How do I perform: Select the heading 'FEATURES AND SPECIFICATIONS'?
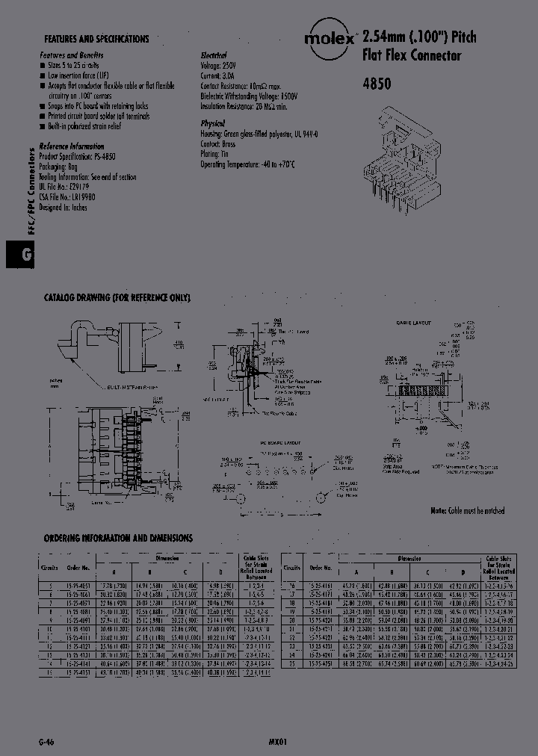coord(96,39)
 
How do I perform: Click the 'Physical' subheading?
coord(213,123)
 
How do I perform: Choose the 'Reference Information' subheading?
coord(72,147)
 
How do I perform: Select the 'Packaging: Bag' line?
coord(62,167)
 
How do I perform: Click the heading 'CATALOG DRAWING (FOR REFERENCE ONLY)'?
coord(117,298)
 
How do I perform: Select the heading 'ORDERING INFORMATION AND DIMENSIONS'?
coord(118,538)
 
